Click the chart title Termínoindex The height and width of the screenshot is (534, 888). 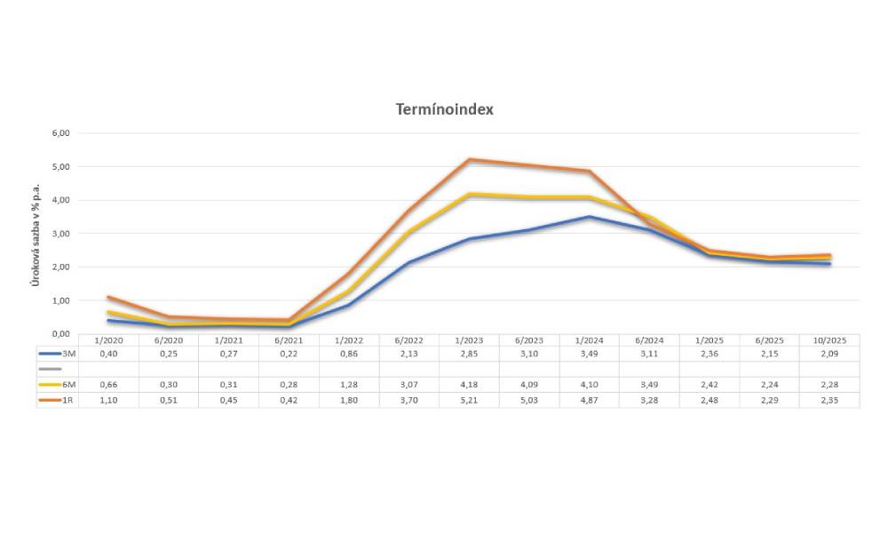[x=444, y=110]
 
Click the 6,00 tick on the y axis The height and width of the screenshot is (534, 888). [x=61, y=133]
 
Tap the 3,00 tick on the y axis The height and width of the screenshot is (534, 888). [x=61, y=234]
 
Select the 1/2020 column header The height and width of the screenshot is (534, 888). [x=108, y=340]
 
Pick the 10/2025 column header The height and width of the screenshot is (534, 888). [x=829, y=340]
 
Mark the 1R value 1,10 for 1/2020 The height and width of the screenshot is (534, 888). [x=108, y=400]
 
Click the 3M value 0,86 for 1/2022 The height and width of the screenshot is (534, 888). [x=348, y=354]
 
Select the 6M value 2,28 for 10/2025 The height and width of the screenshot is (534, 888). [x=829, y=384]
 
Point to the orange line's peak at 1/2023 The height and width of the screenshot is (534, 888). [x=468, y=160]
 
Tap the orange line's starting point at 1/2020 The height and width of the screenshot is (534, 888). [x=108, y=297]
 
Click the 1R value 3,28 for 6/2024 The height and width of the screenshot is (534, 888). [x=648, y=400]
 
